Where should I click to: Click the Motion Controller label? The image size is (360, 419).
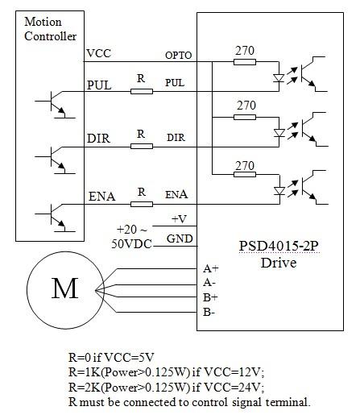tap(50, 30)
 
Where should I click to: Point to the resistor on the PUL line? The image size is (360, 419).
tap(141, 91)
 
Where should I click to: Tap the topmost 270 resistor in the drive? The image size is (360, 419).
tap(245, 60)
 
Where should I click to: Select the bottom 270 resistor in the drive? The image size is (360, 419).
tap(245, 175)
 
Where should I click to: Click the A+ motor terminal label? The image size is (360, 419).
tap(210, 268)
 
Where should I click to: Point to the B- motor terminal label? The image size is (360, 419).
tap(209, 311)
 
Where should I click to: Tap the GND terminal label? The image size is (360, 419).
tap(178, 239)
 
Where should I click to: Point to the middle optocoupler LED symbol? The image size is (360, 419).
tap(280, 131)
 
